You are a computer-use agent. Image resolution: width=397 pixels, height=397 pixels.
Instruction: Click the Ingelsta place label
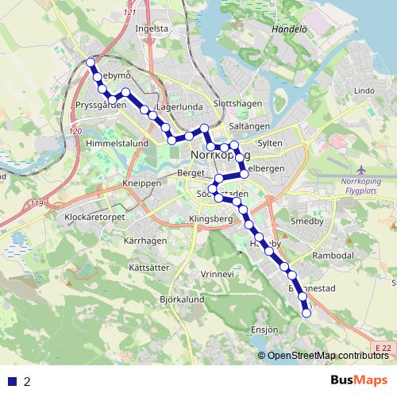click(152, 28)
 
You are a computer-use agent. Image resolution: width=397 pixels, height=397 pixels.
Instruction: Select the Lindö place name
click(364, 91)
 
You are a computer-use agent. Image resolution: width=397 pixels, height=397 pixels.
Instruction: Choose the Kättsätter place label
click(148, 268)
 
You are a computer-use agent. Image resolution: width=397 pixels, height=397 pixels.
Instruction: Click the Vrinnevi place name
click(218, 274)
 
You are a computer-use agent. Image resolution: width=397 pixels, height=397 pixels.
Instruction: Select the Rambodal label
click(333, 256)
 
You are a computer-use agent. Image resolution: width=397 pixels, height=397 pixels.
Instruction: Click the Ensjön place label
click(266, 328)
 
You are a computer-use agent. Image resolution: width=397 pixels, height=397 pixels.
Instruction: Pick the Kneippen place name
click(142, 183)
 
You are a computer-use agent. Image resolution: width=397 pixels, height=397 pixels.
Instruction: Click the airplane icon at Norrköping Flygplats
click(362, 170)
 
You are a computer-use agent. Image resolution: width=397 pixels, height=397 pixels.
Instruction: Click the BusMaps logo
click(358, 381)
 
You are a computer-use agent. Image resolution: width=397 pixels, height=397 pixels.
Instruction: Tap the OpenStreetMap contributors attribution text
click(328, 355)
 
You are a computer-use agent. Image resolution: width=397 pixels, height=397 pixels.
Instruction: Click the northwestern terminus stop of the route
click(91, 62)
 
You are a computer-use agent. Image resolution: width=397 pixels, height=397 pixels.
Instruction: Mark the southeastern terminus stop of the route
click(306, 314)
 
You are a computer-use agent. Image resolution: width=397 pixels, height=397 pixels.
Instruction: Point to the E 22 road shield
click(384, 348)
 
